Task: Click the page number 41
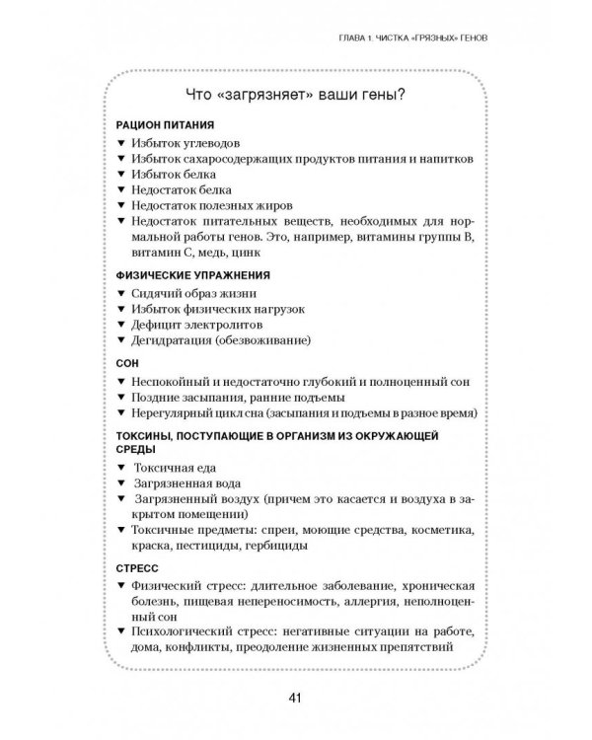click(295, 699)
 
